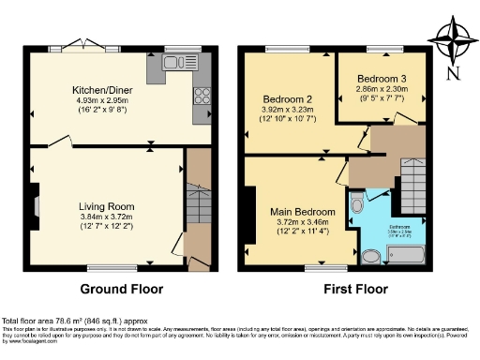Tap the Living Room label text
pyautogui.click(x=107, y=206)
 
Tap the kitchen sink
pyautogui.click(x=173, y=62)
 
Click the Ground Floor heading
pyautogui.click(x=121, y=289)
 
